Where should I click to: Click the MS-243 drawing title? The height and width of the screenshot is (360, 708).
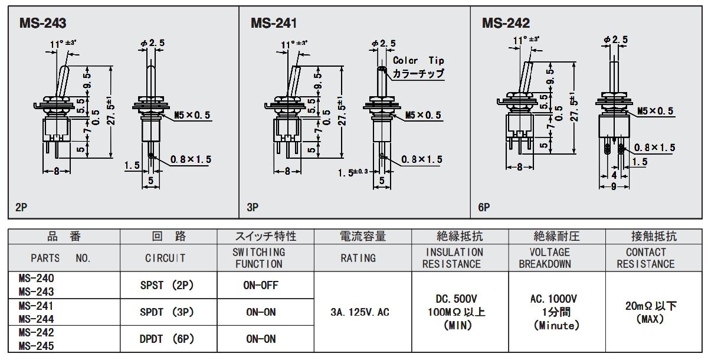pyautogui.click(x=42, y=23)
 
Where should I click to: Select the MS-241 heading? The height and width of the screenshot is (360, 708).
pyautogui.click(x=274, y=23)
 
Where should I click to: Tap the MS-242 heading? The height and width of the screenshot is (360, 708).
pyautogui.click(x=506, y=23)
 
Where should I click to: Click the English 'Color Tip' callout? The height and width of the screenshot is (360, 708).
pyautogui.click(x=418, y=60)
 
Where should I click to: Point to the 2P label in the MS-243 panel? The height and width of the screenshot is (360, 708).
pyautogui.click(x=21, y=207)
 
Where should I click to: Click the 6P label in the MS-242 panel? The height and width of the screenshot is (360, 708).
pyautogui.click(x=484, y=207)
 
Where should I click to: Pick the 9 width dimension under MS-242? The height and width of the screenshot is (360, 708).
pyautogui.click(x=614, y=186)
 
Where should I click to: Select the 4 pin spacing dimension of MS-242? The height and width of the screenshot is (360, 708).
pyautogui.click(x=614, y=175)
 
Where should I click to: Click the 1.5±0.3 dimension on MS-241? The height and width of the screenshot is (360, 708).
pyautogui.click(x=353, y=172)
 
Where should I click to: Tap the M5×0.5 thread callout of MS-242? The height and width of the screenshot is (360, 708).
pyautogui.click(x=655, y=111)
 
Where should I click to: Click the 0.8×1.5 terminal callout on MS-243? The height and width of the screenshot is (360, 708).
pyautogui.click(x=191, y=159)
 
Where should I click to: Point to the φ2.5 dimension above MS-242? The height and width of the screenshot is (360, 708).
pyautogui.click(x=616, y=40)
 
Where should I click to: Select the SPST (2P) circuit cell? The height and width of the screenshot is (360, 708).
pyautogui.click(x=166, y=286)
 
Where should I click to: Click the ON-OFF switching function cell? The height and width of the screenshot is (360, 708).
pyautogui.click(x=261, y=286)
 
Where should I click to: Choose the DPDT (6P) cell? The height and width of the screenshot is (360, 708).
pyautogui.click(x=166, y=339)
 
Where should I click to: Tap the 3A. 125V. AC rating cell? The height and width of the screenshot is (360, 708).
pyautogui.click(x=360, y=312)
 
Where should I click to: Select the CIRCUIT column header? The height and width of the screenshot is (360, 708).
pyautogui.click(x=165, y=258)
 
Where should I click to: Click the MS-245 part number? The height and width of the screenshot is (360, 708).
pyautogui.click(x=37, y=346)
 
